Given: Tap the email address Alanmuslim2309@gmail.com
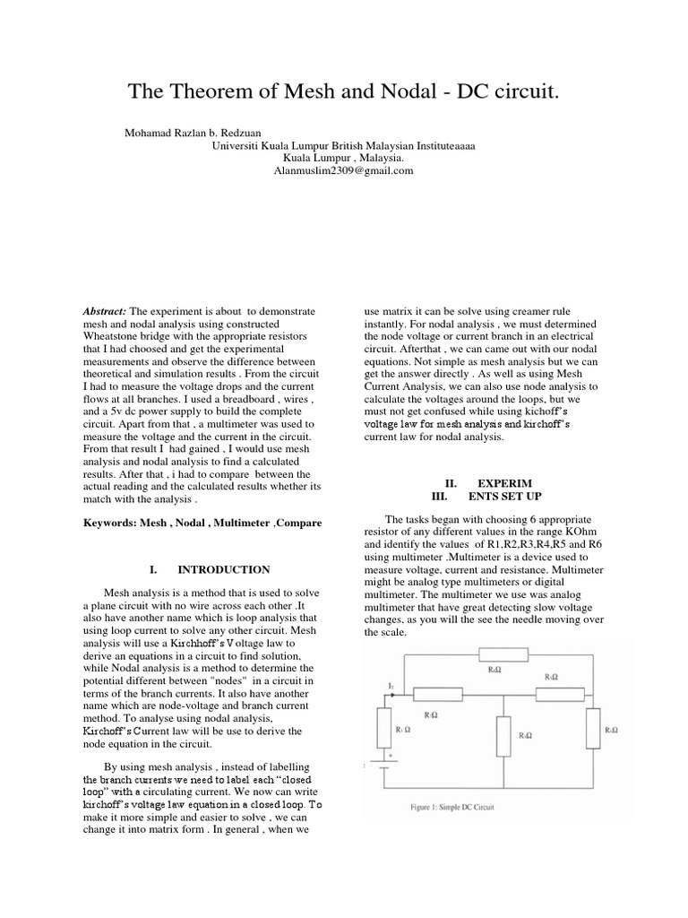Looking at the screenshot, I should pos(343,170).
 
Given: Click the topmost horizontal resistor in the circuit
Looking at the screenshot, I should pos(504,654).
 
